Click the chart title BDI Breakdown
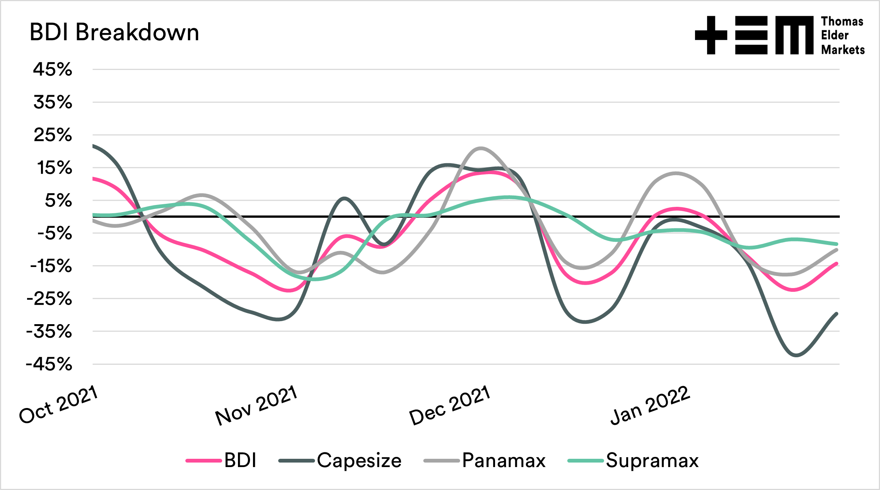pos(114,32)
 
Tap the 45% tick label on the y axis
pos(53,70)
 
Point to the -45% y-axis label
pos(49,364)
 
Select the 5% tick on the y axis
pos(58,200)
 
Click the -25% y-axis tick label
pos(49,299)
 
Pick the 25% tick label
pos(53,135)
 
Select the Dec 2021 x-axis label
pos(450,405)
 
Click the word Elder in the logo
pos(835,35)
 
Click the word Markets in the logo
pos(843,50)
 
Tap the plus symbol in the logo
pos(711,35)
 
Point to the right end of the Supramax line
pos(836,244)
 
